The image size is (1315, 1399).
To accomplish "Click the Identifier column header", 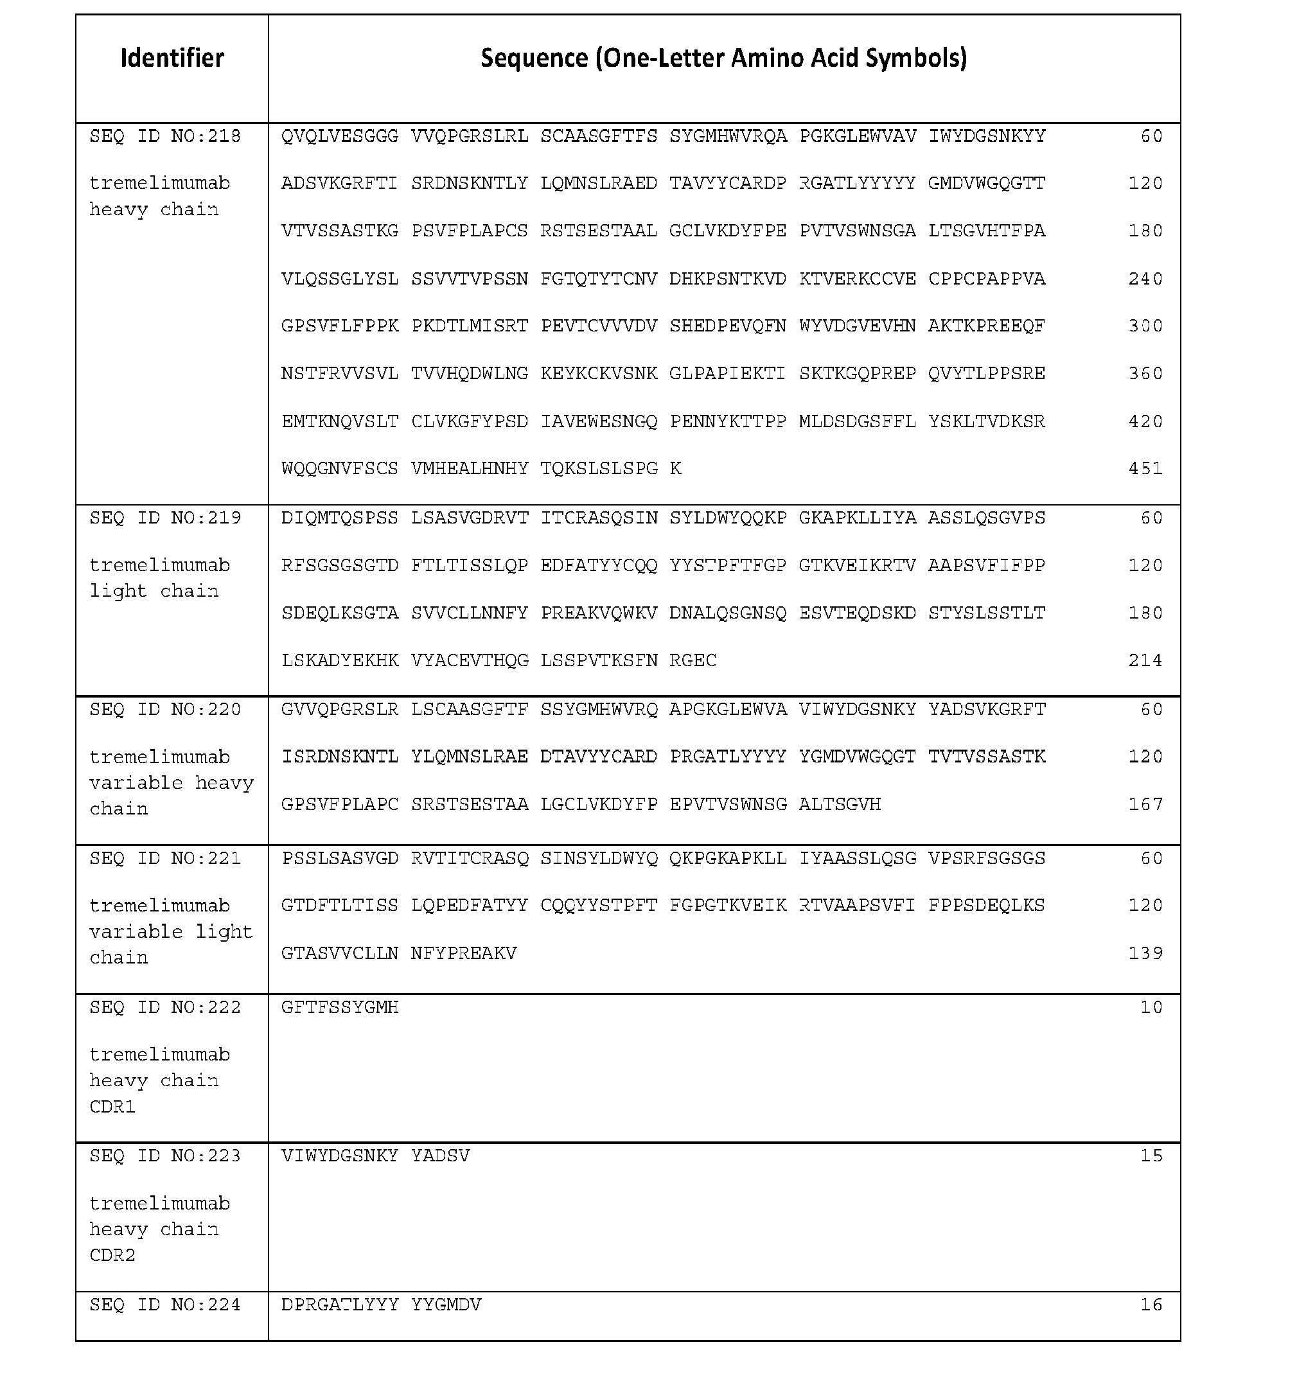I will [172, 58].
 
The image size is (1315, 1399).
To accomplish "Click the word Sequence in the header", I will [534, 58].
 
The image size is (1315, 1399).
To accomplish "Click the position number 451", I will [1145, 469].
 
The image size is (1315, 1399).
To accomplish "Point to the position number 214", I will [1145, 660].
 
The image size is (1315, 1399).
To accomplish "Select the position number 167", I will [1145, 804].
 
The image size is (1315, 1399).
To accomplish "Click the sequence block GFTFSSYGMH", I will [340, 1007].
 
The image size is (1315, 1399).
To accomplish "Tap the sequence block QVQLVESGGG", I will [340, 136].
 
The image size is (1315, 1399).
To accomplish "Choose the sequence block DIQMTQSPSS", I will [340, 518].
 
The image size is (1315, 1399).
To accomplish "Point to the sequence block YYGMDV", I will [446, 1305].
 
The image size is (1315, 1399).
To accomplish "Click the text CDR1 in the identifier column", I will [112, 1106].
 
